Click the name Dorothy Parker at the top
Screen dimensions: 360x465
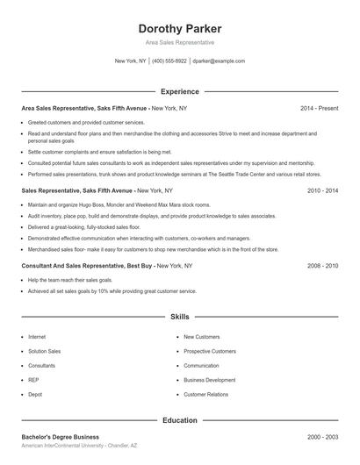[x=179, y=28]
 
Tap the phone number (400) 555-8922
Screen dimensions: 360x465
[x=169, y=61]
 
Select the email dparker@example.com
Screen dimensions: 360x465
[x=219, y=61]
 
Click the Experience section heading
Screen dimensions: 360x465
[x=179, y=91]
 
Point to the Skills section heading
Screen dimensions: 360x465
[x=179, y=316]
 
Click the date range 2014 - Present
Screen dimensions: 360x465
[x=319, y=108]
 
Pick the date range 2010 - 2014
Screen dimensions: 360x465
[x=322, y=190]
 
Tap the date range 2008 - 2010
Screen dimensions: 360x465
[x=322, y=265]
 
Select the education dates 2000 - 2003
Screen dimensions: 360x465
[x=322, y=437]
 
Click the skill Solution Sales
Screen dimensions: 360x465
[x=44, y=351]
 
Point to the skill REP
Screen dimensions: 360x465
[x=34, y=380]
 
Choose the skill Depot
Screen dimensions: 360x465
[x=36, y=395]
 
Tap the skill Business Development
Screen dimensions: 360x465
[x=209, y=380]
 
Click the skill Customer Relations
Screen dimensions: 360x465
[x=205, y=395]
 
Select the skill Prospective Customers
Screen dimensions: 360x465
[x=210, y=351]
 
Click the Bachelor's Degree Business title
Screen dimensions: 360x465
[x=61, y=437]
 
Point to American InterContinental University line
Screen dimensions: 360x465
[x=78, y=446]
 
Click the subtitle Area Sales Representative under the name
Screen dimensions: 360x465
[x=179, y=42]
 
